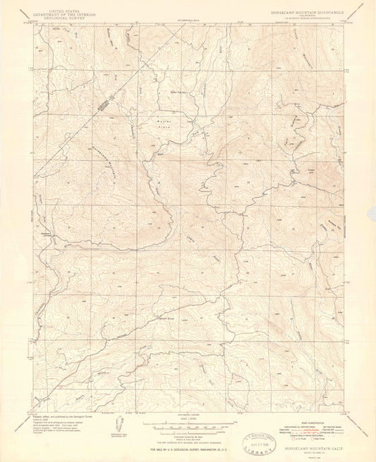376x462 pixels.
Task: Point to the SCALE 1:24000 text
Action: point(188,418)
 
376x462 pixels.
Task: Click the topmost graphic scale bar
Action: point(187,423)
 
